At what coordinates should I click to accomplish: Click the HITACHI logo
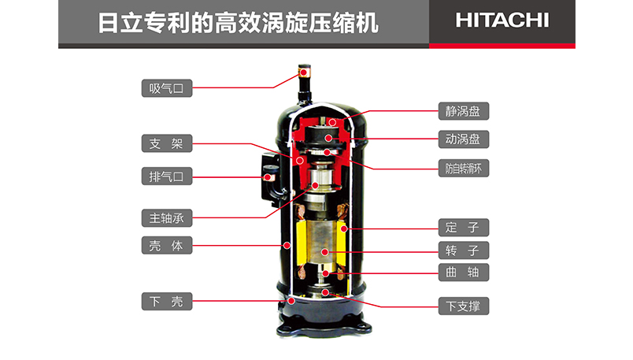502,20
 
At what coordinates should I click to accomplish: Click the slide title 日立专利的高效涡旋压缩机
239,23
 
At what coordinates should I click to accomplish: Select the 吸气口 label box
167,88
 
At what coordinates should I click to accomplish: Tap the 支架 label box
167,143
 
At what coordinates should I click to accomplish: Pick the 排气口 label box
167,176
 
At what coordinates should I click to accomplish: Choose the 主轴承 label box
167,218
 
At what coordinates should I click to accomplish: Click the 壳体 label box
167,245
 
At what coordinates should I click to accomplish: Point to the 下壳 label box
167,302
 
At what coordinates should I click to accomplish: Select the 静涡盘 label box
464,111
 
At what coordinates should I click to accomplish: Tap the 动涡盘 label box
464,139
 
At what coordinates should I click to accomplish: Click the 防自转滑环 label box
464,169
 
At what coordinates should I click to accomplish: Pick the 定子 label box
464,228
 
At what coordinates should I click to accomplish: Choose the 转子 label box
464,251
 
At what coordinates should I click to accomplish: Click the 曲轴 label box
464,273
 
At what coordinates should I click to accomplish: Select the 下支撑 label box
464,306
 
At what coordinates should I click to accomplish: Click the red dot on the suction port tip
303,72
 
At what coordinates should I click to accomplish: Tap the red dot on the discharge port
267,177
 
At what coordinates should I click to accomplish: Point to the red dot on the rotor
324,252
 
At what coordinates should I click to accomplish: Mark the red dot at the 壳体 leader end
287,245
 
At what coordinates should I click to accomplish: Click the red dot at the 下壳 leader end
291,301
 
